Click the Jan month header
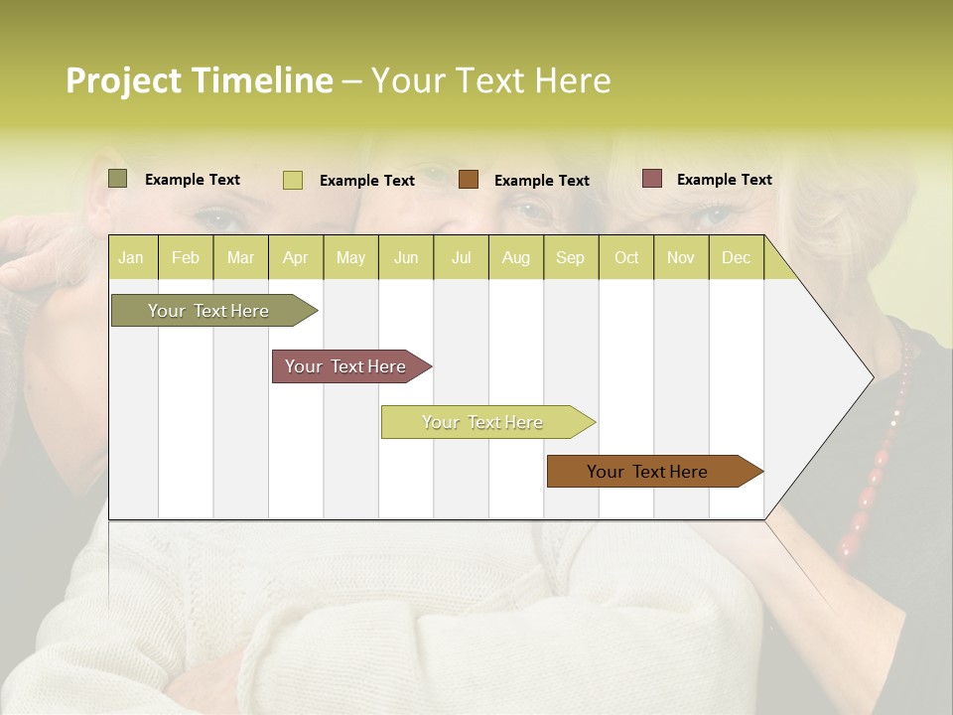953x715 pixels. (131, 257)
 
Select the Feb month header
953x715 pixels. (186, 257)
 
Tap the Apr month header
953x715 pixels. (295, 257)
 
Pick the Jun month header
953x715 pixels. (406, 257)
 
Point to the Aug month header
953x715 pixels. (515, 257)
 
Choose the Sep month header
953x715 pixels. (570, 257)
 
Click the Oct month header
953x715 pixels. (626, 257)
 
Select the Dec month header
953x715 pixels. (736, 257)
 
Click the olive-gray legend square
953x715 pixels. (117, 179)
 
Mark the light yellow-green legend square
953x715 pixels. (293, 180)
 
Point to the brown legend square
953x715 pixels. (469, 179)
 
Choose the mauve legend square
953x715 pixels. (652, 179)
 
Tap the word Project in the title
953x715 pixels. (124, 80)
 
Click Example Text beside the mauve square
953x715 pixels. (724, 179)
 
